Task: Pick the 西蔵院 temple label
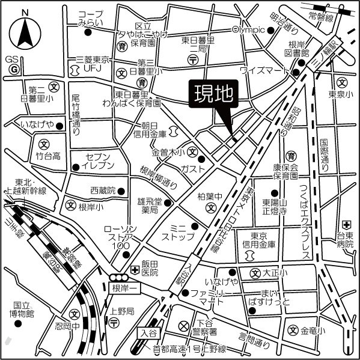[x=102, y=191]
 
